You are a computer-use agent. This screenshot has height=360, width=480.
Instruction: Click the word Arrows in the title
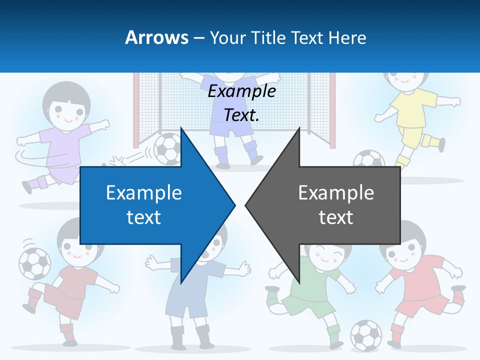point(156,37)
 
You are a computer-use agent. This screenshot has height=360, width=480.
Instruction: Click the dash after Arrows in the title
point(199,38)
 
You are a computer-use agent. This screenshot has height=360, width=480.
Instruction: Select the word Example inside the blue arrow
point(143,193)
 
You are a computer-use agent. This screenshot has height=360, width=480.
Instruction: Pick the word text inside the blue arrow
point(143,217)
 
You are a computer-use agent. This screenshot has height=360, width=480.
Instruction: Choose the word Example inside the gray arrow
point(336,193)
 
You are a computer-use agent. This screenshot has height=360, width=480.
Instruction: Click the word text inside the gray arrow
point(336,217)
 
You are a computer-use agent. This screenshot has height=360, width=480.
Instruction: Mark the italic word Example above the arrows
point(241,91)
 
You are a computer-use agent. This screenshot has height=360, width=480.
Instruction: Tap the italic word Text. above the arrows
point(241,115)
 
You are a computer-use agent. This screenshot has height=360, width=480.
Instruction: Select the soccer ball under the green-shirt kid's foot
point(365,334)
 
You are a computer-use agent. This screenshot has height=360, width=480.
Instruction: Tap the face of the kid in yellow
point(406,78)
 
